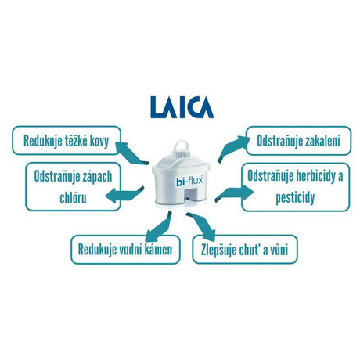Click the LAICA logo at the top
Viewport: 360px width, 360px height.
coord(182,107)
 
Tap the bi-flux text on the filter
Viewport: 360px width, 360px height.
coord(189,181)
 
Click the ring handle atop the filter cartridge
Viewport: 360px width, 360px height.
coord(182,148)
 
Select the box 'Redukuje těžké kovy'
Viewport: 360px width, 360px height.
coord(67,141)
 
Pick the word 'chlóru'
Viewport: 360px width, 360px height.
coord(73,198)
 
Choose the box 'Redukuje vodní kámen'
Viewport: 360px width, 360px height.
coord(125,250)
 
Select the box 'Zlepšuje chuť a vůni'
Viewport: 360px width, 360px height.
coord(245,250)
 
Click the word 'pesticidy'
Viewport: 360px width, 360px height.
coord(295,198)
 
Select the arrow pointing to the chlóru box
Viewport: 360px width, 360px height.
coord(124,194)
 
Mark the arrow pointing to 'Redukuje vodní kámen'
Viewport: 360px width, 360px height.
coord(158,227)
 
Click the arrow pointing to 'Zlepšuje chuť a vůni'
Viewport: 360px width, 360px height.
coord(201,226)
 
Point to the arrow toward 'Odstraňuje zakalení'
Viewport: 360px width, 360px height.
coord(233,148)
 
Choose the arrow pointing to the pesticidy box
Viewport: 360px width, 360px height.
coord(234,193)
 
